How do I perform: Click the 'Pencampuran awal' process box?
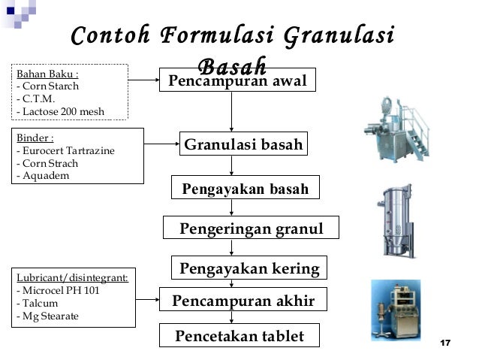pyautogui.click(x=237, y=80)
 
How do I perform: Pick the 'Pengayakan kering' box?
pyautogui.click(x=249, y=268)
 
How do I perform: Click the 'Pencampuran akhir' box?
pyautogui.click(x=243, y=302)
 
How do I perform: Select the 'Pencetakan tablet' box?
pyautogui.click(x=239, y=336)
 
